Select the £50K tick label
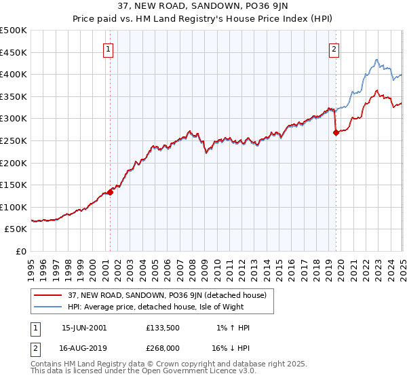point(16,229)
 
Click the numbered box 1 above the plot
point(109,48)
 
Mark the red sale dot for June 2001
point(111,192)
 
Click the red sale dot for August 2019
point(336,133)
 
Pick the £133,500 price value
point(163,328)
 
